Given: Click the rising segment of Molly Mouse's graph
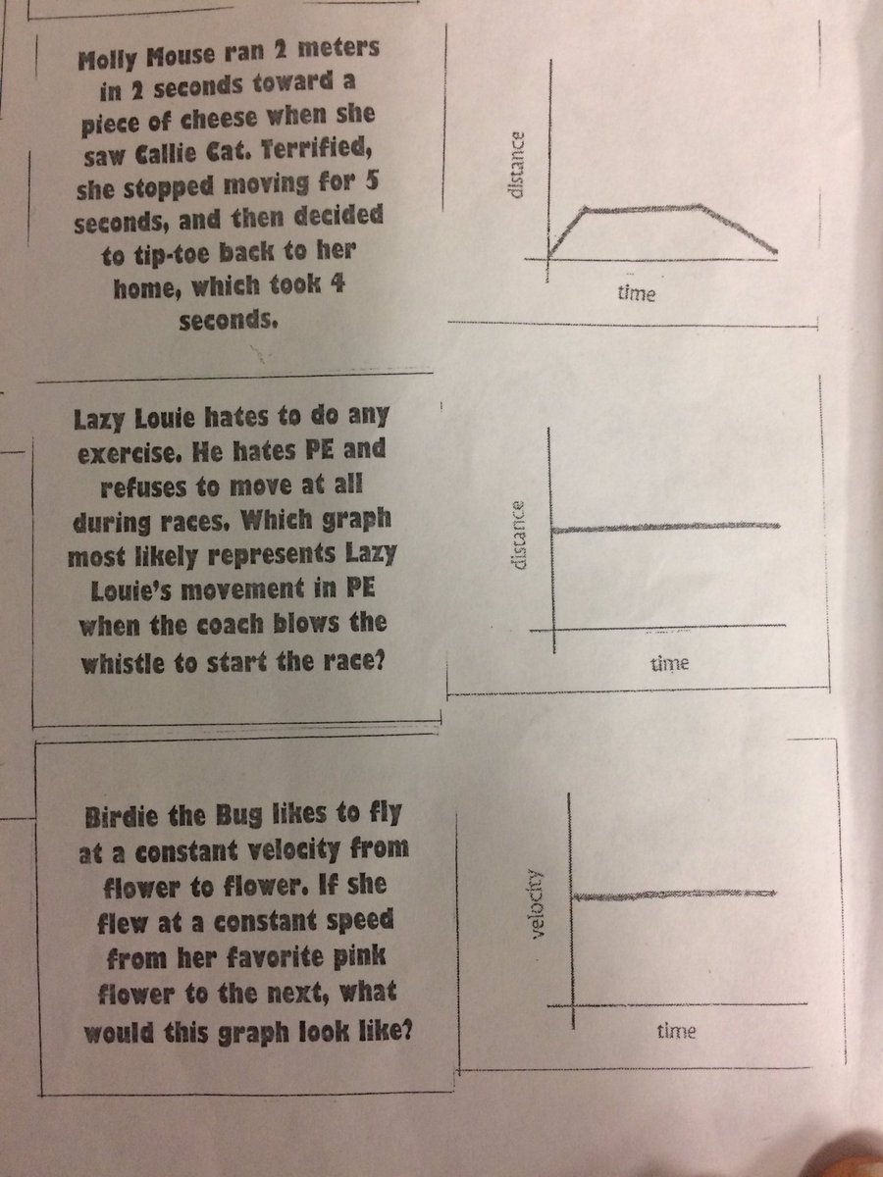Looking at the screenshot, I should pyautogui.click(x=567, y=231).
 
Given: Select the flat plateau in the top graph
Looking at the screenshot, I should pyautogui.click(x=642, y=208).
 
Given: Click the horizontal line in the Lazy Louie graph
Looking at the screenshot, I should pyautogui.click(x=667, y=528).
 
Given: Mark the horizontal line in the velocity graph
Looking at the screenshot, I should pyautogui.click(x=673, y=895).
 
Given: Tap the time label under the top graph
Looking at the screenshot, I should pyautogui.click(x=637, y=293).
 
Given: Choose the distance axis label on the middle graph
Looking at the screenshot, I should pyautogui.click(x=521, y=536).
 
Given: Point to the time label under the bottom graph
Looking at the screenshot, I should pyautogui.click(x=676, y=1031).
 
